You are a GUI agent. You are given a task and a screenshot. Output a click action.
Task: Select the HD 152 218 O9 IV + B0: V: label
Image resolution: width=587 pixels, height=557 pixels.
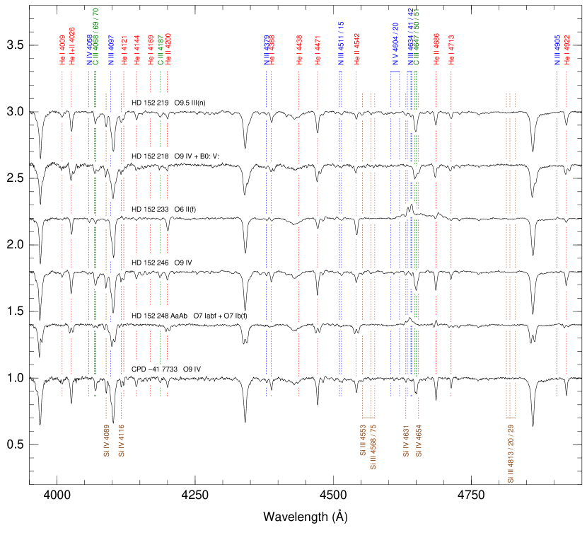(x=180, y=156)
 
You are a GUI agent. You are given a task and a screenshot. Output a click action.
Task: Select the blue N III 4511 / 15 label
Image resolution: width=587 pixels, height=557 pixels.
(x=340, y=44)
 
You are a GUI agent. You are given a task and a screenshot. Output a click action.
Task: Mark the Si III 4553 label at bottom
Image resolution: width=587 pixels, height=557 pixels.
(x=363, y=440)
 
